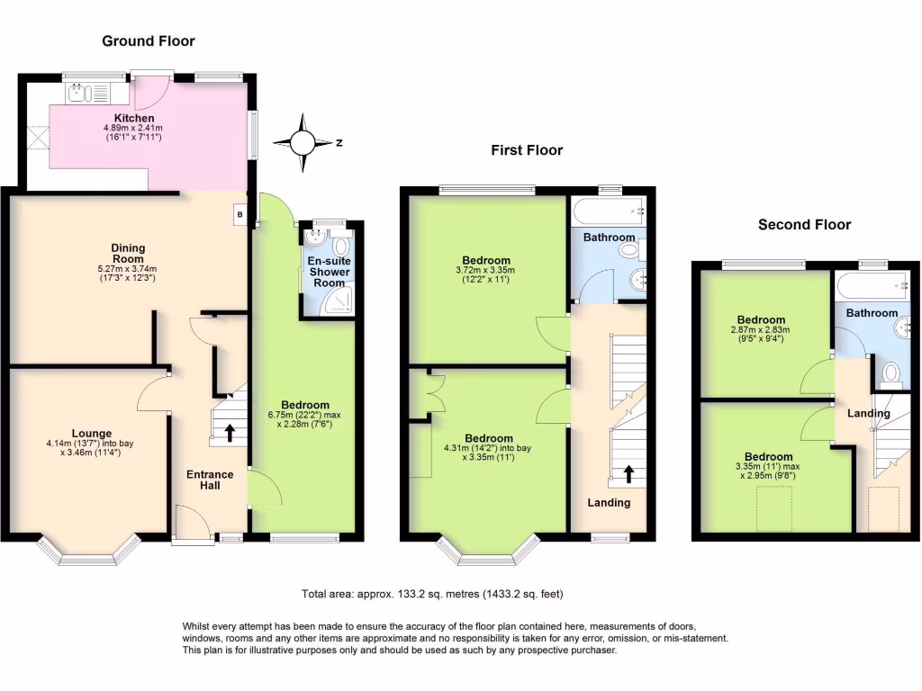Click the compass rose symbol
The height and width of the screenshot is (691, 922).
pyautogui.click(x=304, y=142)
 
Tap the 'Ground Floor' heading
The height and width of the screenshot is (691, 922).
pyautogui.click(x=148, y=40)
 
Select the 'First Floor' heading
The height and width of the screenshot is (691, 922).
pyautogui.click(x=527, y=150)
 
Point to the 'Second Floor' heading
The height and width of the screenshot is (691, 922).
pyautogui.click(x=804, y=225)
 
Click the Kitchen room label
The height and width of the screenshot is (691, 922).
pyautogui.click(x=133, y=118)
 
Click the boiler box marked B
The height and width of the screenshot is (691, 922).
pyautogui.click(x=240, y=215)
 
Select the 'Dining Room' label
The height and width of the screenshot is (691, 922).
pyautogui.click(x=129, y=254)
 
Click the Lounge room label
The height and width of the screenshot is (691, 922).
pyautogui.click(x=91, y=433)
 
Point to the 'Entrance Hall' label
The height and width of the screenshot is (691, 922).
pyautogui.click(x=210, y=480)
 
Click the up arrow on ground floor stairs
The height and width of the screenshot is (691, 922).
pyautogui.click(x=230, y=433)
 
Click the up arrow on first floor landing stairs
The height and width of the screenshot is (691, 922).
pyautogui.click(x=628, y=473)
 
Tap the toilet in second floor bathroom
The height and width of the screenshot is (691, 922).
pyautogui.click(x=892, y=372)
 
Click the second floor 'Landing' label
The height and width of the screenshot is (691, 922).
pyautogui.click(x=869, y=414)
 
